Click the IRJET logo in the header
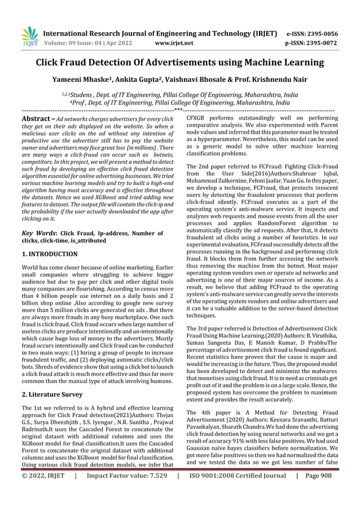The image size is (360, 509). [29, 37]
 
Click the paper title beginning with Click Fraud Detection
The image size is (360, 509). [179, 63]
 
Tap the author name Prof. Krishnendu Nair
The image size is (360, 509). [276, 80]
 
